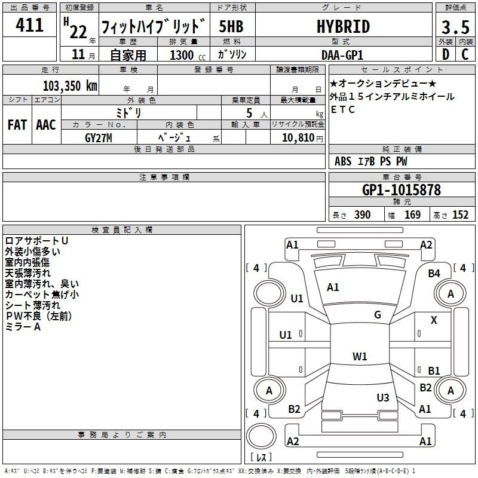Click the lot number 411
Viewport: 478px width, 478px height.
(30, 26)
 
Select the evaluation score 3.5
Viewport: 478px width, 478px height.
(455, 27)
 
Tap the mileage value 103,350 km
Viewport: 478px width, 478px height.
(70, 85)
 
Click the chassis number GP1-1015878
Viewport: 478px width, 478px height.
(402, 190)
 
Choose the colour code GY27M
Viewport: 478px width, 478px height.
(99, 138)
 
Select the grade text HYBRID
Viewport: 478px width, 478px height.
(342, 27)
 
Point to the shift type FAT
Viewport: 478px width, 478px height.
(17, 125)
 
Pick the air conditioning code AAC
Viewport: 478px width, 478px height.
(46, 125)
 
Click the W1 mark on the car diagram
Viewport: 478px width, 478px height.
(360, 357)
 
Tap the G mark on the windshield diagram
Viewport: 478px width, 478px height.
(378, 315)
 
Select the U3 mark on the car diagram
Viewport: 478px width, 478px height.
(383, 397)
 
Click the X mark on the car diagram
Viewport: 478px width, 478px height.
(434, 320)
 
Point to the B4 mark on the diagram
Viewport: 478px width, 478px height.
(434, 273)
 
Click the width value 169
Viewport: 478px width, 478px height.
(412, 215)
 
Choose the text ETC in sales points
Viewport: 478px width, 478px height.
(343, 109)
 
